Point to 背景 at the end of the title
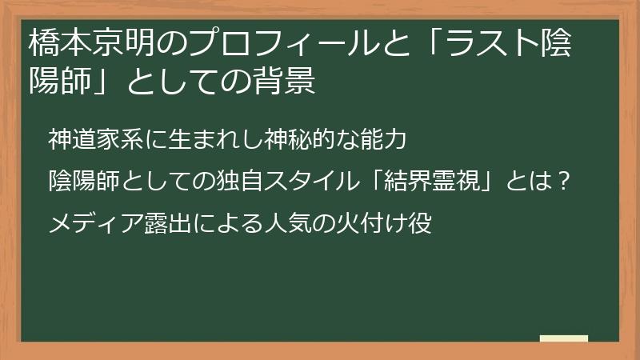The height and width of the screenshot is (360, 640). (x=287, y=82)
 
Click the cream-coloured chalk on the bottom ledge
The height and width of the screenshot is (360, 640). (x=563, y=339)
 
